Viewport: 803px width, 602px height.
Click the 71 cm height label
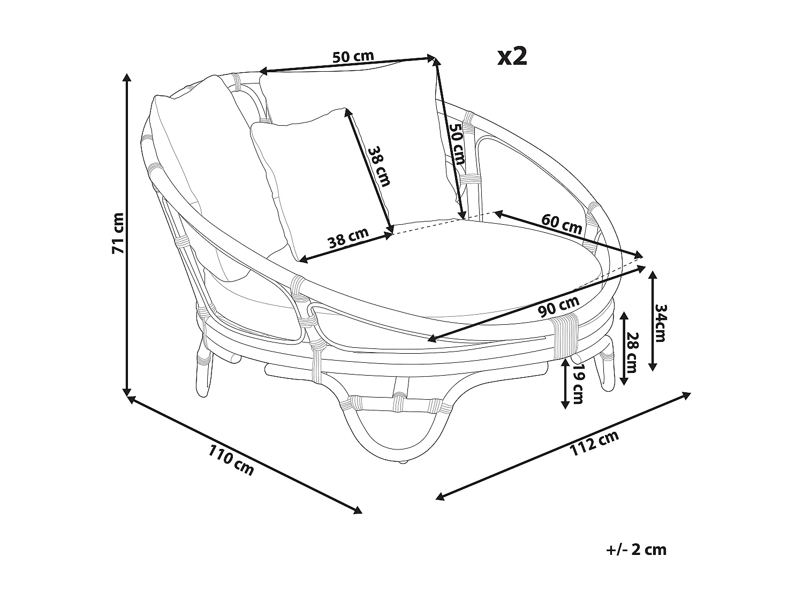tap(118, 232)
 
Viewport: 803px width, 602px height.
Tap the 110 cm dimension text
tap(231, 460)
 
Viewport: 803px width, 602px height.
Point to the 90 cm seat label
tap(559, 306)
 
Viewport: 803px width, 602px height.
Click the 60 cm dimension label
tap(562, 224)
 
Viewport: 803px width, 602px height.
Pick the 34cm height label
tap(661, 323)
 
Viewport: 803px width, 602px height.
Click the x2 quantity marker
tap(512, 57)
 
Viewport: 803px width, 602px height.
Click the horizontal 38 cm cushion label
tap(349, 238)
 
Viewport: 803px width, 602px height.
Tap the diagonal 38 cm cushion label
tap(379, 166)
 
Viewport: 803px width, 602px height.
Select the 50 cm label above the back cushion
tap(353, 57)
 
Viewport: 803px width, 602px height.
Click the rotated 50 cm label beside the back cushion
tap(457, 143)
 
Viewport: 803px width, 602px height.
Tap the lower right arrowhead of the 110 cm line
tap(358, 510)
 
